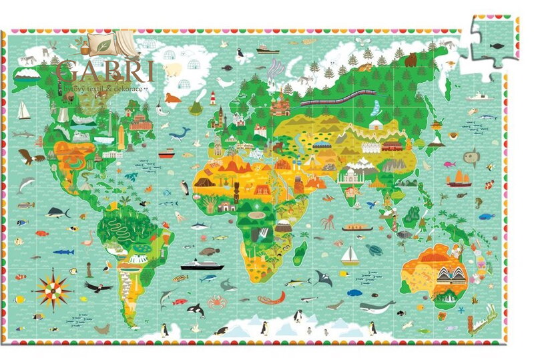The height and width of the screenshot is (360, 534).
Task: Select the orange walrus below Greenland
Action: coord(173,99)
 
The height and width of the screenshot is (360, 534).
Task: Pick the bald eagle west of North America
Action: coord(31,157)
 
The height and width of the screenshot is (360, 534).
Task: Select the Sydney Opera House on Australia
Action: coord(447,275)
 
